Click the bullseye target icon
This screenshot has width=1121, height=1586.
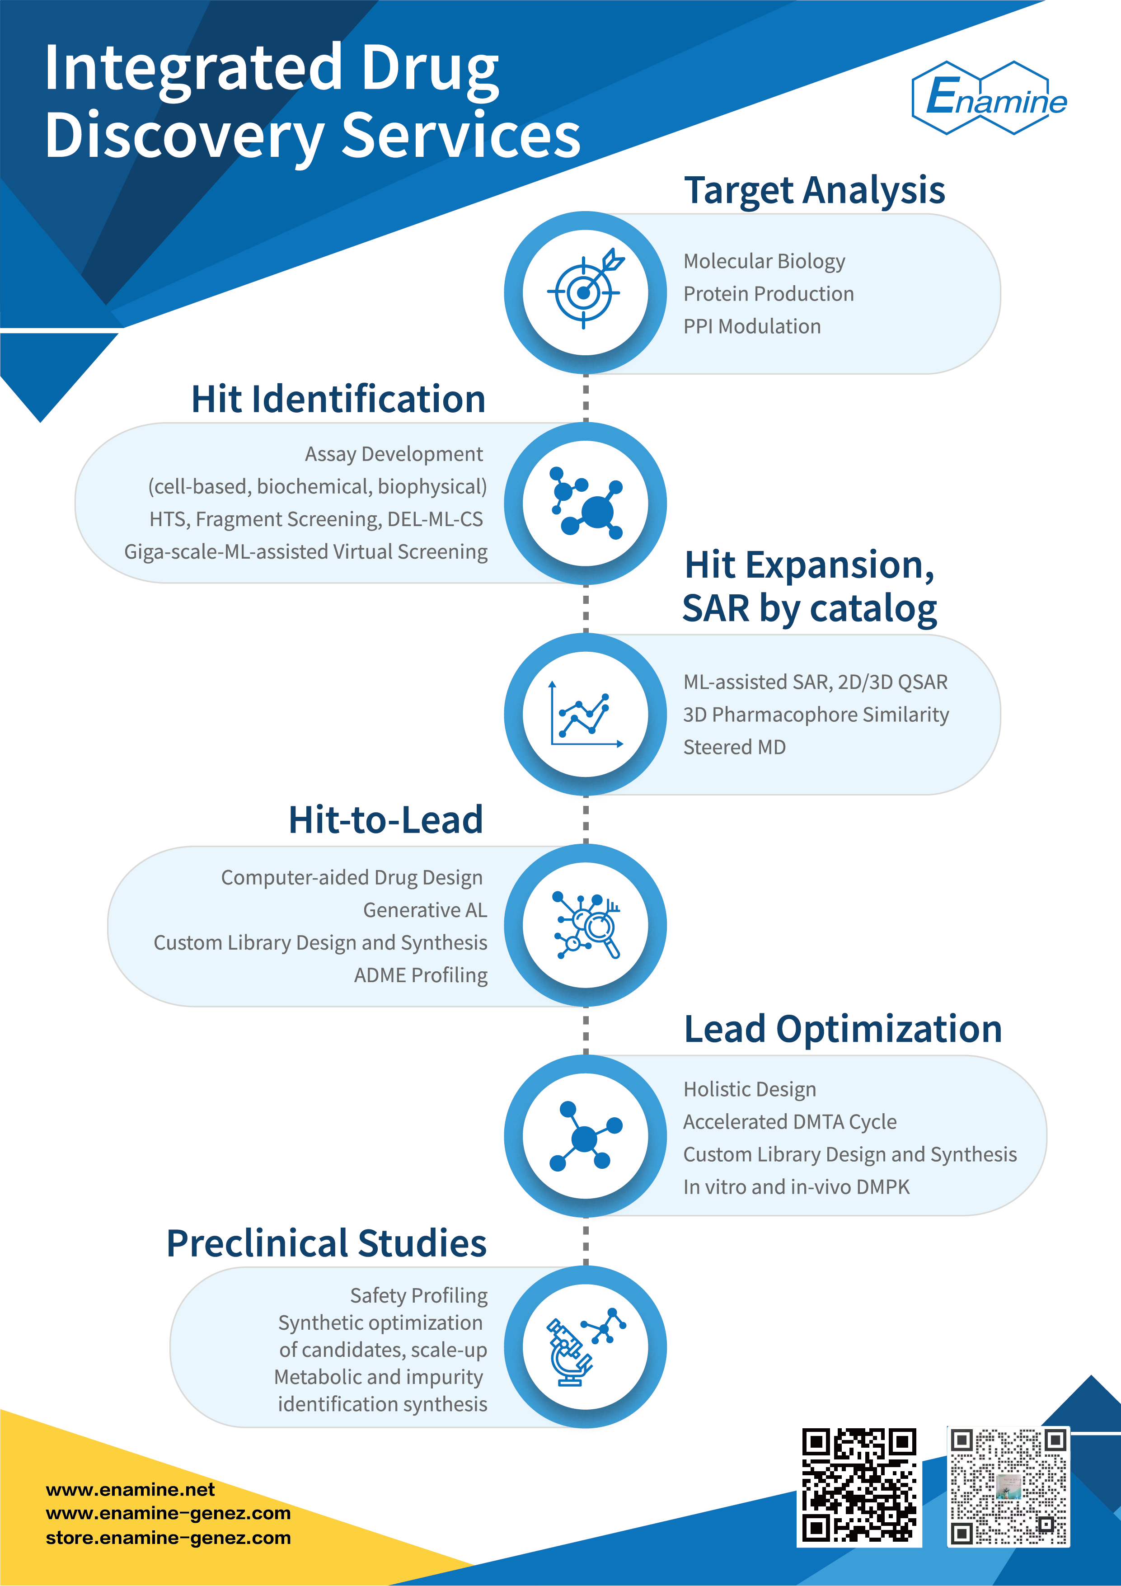tap(585, 292)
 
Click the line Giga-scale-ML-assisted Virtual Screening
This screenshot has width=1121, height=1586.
tap(305, 551)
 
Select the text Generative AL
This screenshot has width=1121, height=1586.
tap(425, 910)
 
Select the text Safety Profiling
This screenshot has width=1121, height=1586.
tap(418, 1295)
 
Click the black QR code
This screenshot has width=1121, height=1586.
tap(859, 1485)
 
